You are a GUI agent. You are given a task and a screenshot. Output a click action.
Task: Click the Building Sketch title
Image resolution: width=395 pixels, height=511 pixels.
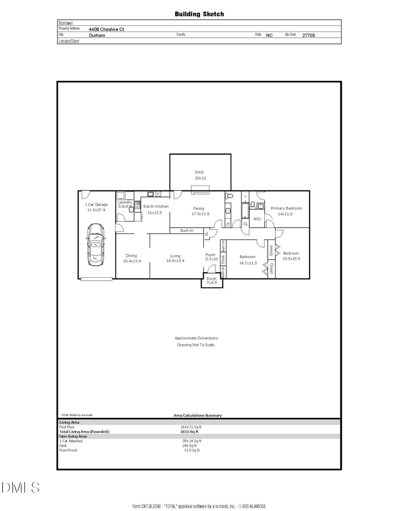coord(199,14)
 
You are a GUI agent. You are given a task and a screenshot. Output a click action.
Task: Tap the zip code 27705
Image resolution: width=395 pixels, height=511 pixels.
coord(309,36)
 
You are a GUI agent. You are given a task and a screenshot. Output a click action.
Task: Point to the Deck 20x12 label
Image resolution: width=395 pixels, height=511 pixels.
coord(200,172)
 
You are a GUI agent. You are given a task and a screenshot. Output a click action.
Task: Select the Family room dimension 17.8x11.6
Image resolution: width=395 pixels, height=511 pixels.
coord(200,214)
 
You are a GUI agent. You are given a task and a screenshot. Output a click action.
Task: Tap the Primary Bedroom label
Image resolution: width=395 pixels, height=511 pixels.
coord(286,208)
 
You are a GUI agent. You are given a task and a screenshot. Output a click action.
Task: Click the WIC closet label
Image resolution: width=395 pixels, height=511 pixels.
coord(257,219)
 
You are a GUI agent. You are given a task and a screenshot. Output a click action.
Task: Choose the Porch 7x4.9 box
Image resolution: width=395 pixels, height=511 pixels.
coord(212,281)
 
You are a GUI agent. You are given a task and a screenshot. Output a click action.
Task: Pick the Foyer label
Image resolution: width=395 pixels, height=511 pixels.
coord(211,254)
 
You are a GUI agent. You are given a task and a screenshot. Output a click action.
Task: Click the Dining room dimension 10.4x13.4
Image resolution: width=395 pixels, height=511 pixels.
coord(131,261)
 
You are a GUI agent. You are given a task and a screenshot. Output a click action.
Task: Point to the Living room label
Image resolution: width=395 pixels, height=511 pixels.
coord(175,256)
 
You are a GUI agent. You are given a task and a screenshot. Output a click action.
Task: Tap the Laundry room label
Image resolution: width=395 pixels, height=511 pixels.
coord(125,202)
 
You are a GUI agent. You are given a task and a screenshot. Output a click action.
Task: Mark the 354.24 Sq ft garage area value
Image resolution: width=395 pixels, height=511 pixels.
coord(191,441)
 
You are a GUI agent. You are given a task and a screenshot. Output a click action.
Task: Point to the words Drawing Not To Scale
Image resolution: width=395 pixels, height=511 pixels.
coord(196,345)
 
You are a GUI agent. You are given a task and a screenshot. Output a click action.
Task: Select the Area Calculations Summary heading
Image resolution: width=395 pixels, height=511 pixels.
coord(197,415)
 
